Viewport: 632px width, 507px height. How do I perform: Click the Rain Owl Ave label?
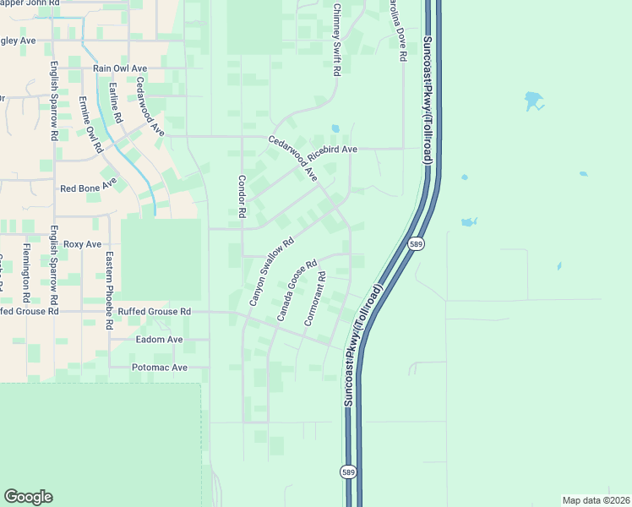tap(120, 68)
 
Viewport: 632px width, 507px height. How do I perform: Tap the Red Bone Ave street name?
tap(88, 187)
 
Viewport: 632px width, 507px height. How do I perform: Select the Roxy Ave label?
tap(82, 244)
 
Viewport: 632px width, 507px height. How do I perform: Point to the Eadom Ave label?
tap(160, 340)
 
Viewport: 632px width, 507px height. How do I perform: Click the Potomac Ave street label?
tap(160, 368)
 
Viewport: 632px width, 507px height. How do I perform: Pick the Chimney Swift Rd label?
tap(335, 41)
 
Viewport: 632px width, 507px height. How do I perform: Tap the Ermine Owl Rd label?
tap(90, 123)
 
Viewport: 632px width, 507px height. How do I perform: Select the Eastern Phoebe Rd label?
tap(109, 289)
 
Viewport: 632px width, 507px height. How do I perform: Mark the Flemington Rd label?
tap(27, 273)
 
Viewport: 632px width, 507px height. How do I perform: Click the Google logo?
tap(28, 497)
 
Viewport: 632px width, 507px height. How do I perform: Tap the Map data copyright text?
tap(596, 500)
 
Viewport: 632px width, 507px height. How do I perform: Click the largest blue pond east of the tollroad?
tap(533, 101)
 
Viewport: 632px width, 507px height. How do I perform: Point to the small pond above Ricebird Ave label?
tap(335, 128)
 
